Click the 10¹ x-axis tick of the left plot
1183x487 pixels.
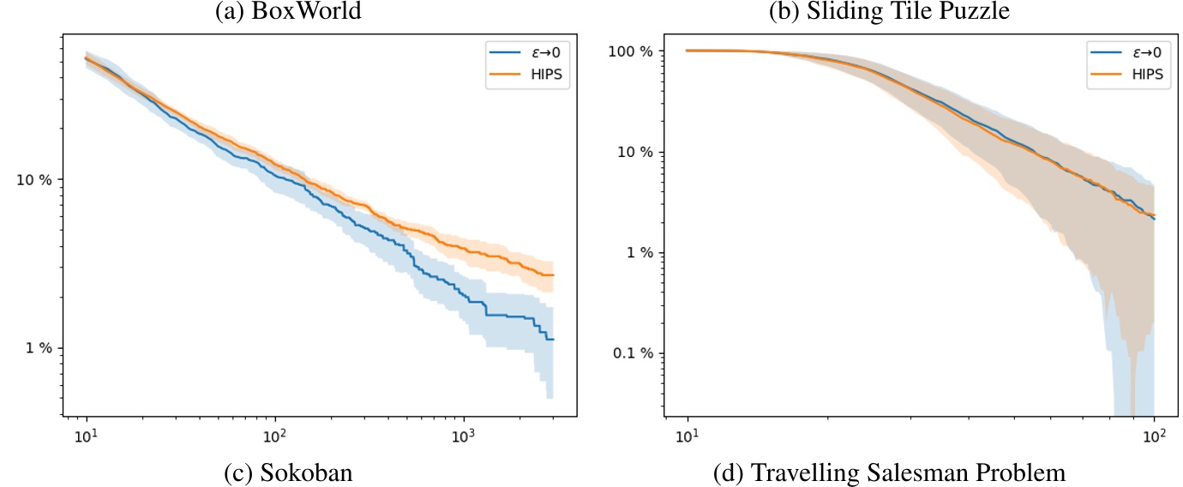[x=87, y=435]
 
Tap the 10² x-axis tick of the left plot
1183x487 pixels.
[x=275, y=435]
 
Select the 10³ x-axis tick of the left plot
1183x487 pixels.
[x=464, y=435]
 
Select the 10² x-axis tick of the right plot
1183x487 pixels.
[x=1155, y=435]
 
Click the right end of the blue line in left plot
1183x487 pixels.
[x=554, y=340]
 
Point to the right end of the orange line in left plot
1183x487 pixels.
[x=554, y=275]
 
